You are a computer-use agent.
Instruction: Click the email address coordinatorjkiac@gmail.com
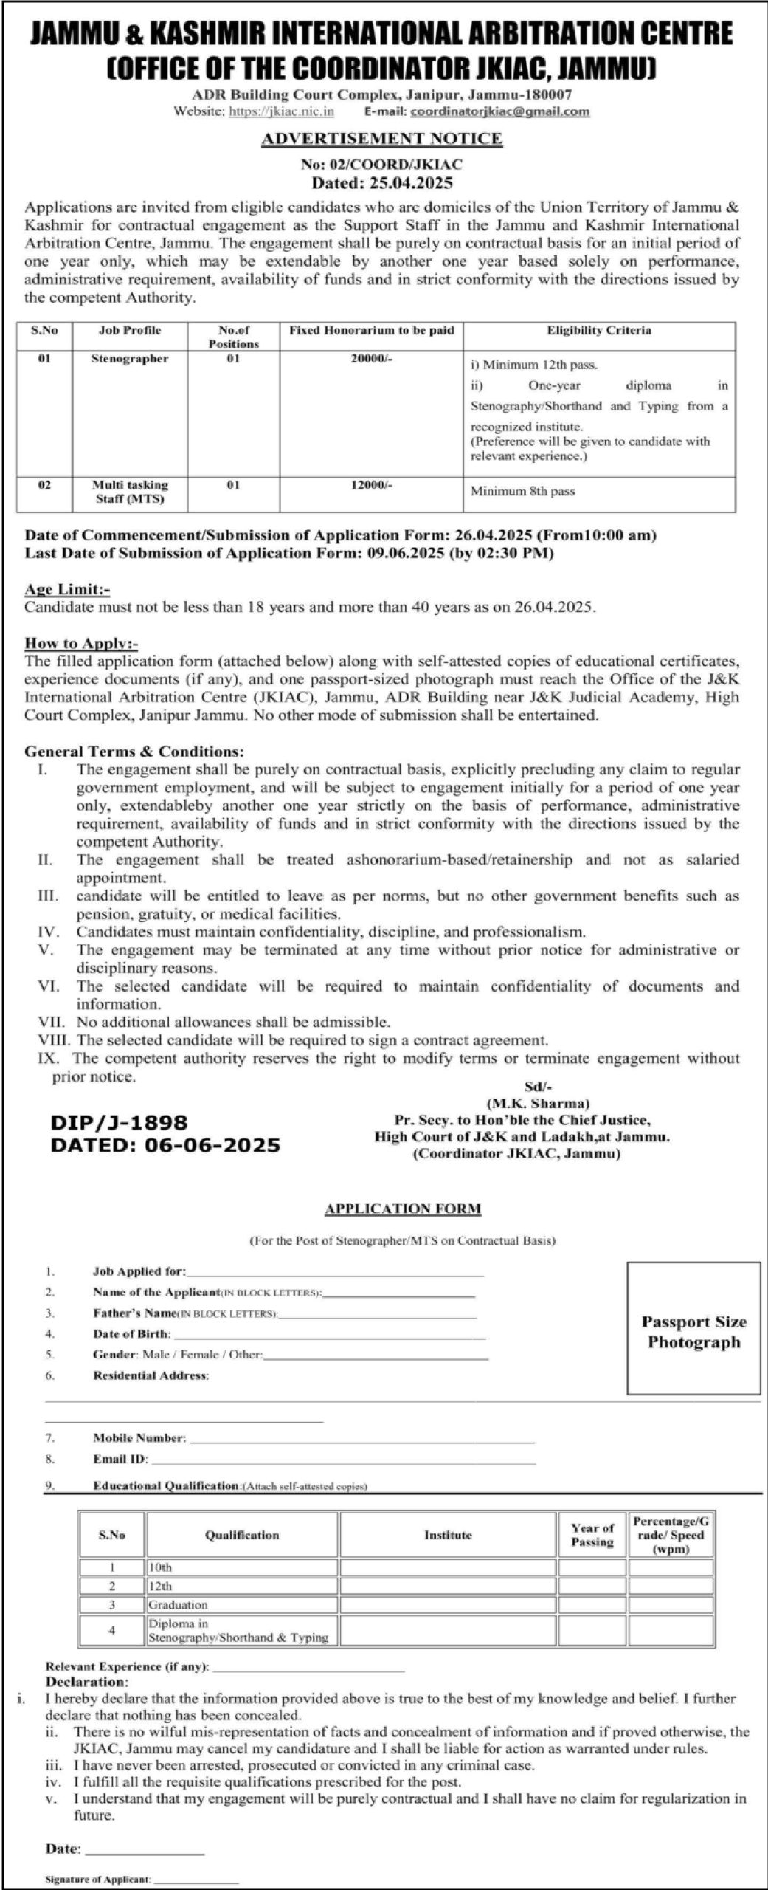(499, 111)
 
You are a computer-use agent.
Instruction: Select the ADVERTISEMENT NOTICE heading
(383, 138)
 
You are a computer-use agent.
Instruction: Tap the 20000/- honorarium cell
(371, 359)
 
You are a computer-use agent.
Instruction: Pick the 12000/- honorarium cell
(371, 485)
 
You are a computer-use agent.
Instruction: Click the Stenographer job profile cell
(130, 359)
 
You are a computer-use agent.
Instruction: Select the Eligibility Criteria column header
(599, 331)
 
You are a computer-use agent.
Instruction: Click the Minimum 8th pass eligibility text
(523, 491)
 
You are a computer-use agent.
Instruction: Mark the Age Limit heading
(67, 589)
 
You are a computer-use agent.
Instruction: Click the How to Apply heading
(81, 643)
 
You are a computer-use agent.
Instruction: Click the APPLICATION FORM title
(403, 1209)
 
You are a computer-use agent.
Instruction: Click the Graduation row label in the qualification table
(179, 1605)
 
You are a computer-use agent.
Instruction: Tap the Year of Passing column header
(592, 1535)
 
